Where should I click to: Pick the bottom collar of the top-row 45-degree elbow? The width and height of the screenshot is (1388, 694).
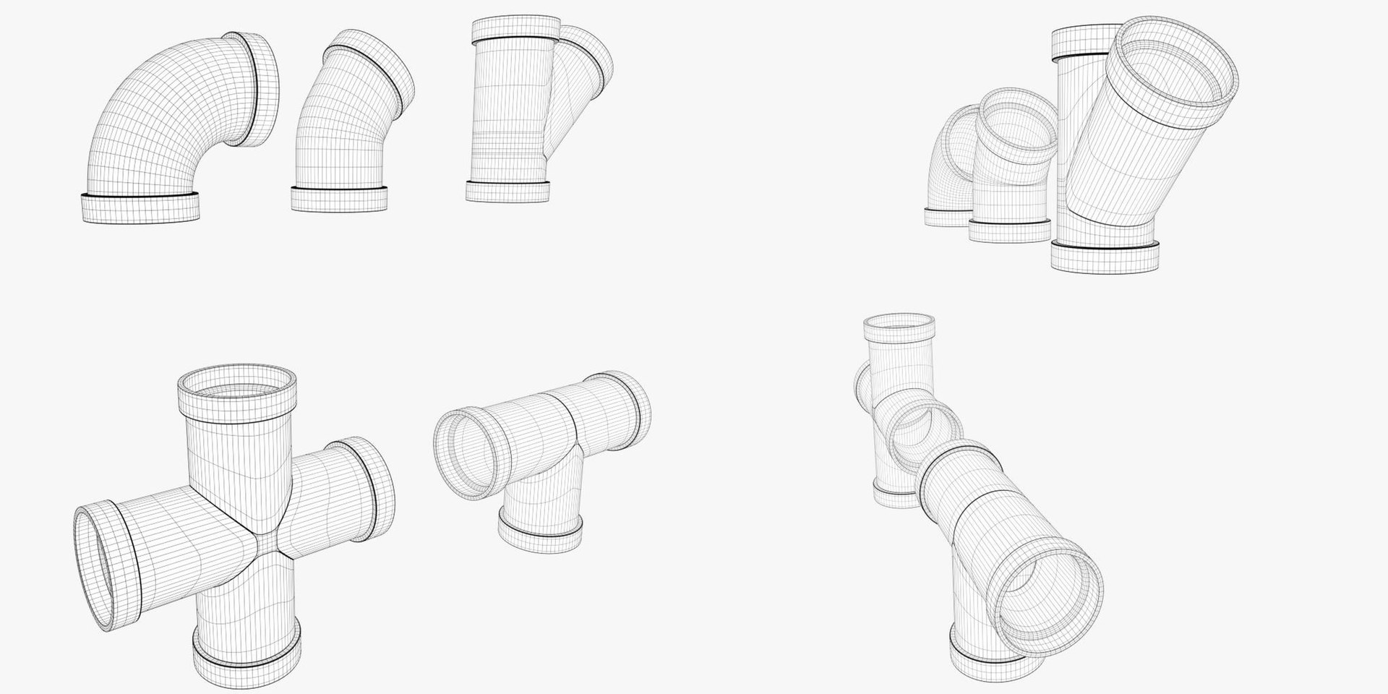point(339,199)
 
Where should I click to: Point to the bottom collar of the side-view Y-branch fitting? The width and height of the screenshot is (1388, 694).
point(507,191)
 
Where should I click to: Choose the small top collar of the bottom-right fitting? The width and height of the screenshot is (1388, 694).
point(901,330)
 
